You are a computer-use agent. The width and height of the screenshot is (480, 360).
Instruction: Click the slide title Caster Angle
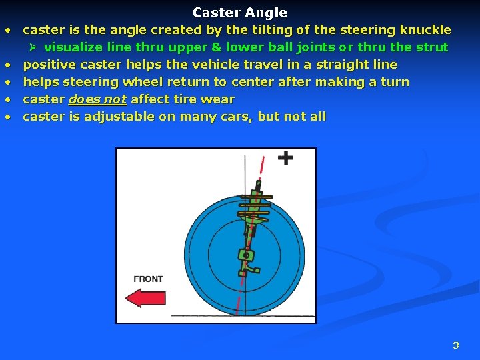click(240, 13)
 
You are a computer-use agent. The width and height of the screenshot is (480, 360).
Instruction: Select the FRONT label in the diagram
click(148, 279)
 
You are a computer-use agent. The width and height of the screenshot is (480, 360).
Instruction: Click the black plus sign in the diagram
click(285, 158)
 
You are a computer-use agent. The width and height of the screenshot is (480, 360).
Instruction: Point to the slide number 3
click(456, 345)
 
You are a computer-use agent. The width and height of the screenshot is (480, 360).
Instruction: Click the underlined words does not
click(97, 99)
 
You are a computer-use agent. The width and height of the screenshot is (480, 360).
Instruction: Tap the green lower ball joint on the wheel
click(246, 255)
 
